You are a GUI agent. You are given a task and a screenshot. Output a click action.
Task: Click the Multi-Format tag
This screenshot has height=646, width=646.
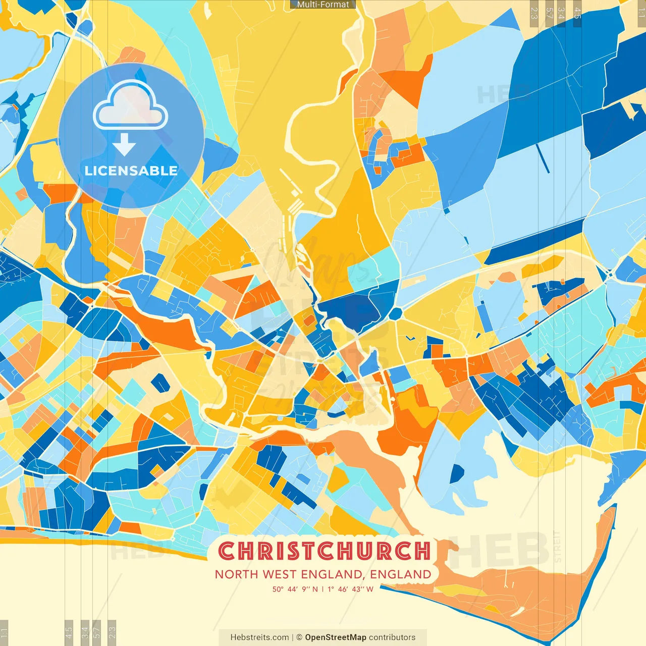[x=323, y=5]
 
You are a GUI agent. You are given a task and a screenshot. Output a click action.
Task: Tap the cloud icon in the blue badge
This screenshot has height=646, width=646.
[x=130, y=106]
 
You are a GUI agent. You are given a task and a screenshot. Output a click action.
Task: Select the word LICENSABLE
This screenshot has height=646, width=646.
[x=131, y=171]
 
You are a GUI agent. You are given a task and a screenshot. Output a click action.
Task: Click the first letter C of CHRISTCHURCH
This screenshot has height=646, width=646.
[x=227, y=551]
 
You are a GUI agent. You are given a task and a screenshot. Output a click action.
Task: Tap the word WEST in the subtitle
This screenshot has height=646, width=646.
[x=280, y=574]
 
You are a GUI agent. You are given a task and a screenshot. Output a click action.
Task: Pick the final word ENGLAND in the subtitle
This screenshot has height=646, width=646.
[x=401, y=574]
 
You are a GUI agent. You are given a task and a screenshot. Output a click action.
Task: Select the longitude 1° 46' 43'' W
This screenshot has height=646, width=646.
[x=351, y=589]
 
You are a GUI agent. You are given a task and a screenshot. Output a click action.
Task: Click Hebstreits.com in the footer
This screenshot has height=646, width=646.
[x=259, y=637]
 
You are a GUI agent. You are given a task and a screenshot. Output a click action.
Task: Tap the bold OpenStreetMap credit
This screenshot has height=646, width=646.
[x=336, y=637]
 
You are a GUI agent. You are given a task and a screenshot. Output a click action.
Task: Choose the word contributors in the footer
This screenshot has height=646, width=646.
[x=392, y=637]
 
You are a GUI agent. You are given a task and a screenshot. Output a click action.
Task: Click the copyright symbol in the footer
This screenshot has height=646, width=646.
[x=299, y=637]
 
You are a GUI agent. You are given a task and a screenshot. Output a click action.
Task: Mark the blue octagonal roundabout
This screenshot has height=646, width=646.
[x=395, y=313]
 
